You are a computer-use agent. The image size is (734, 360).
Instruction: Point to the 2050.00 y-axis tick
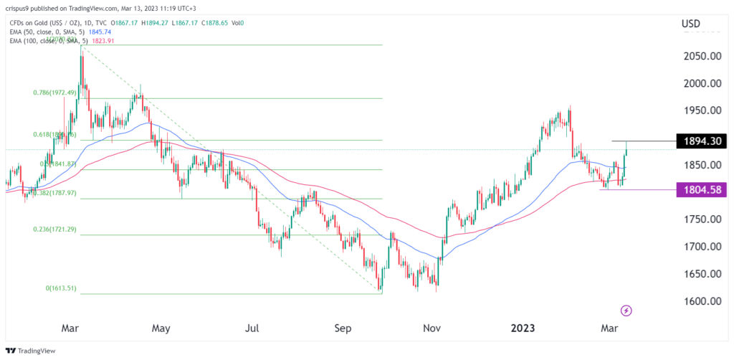click(700, 56)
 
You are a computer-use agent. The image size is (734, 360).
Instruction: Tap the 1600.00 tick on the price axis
click(700, 301)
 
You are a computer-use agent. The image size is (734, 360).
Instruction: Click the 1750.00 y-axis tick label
click(700, 219)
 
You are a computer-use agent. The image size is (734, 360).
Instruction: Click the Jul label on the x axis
click(252, 328)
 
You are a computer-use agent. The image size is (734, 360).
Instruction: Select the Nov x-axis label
click(432, 328)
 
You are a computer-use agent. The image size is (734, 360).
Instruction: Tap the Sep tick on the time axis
click(343, 328)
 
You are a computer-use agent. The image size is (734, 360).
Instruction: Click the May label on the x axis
click(161, 328)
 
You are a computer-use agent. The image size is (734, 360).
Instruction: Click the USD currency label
click(691, 24)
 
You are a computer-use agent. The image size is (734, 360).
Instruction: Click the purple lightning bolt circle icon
click(626, 311)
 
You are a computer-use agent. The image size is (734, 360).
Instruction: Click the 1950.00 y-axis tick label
click(700, 110)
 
